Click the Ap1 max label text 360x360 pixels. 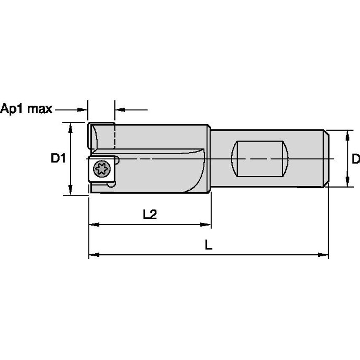(x=26, y=109)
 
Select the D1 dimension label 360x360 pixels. (x=58, y=159)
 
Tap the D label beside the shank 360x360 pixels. (x=355, y=159)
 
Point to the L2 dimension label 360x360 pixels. (x=149, y=214)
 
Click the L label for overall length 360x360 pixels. (x=208, y=244)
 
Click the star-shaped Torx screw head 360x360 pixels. (x=102, y=169)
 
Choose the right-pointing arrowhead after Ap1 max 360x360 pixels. (x=82, y=110)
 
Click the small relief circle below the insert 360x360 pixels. (x=111, y=184)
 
